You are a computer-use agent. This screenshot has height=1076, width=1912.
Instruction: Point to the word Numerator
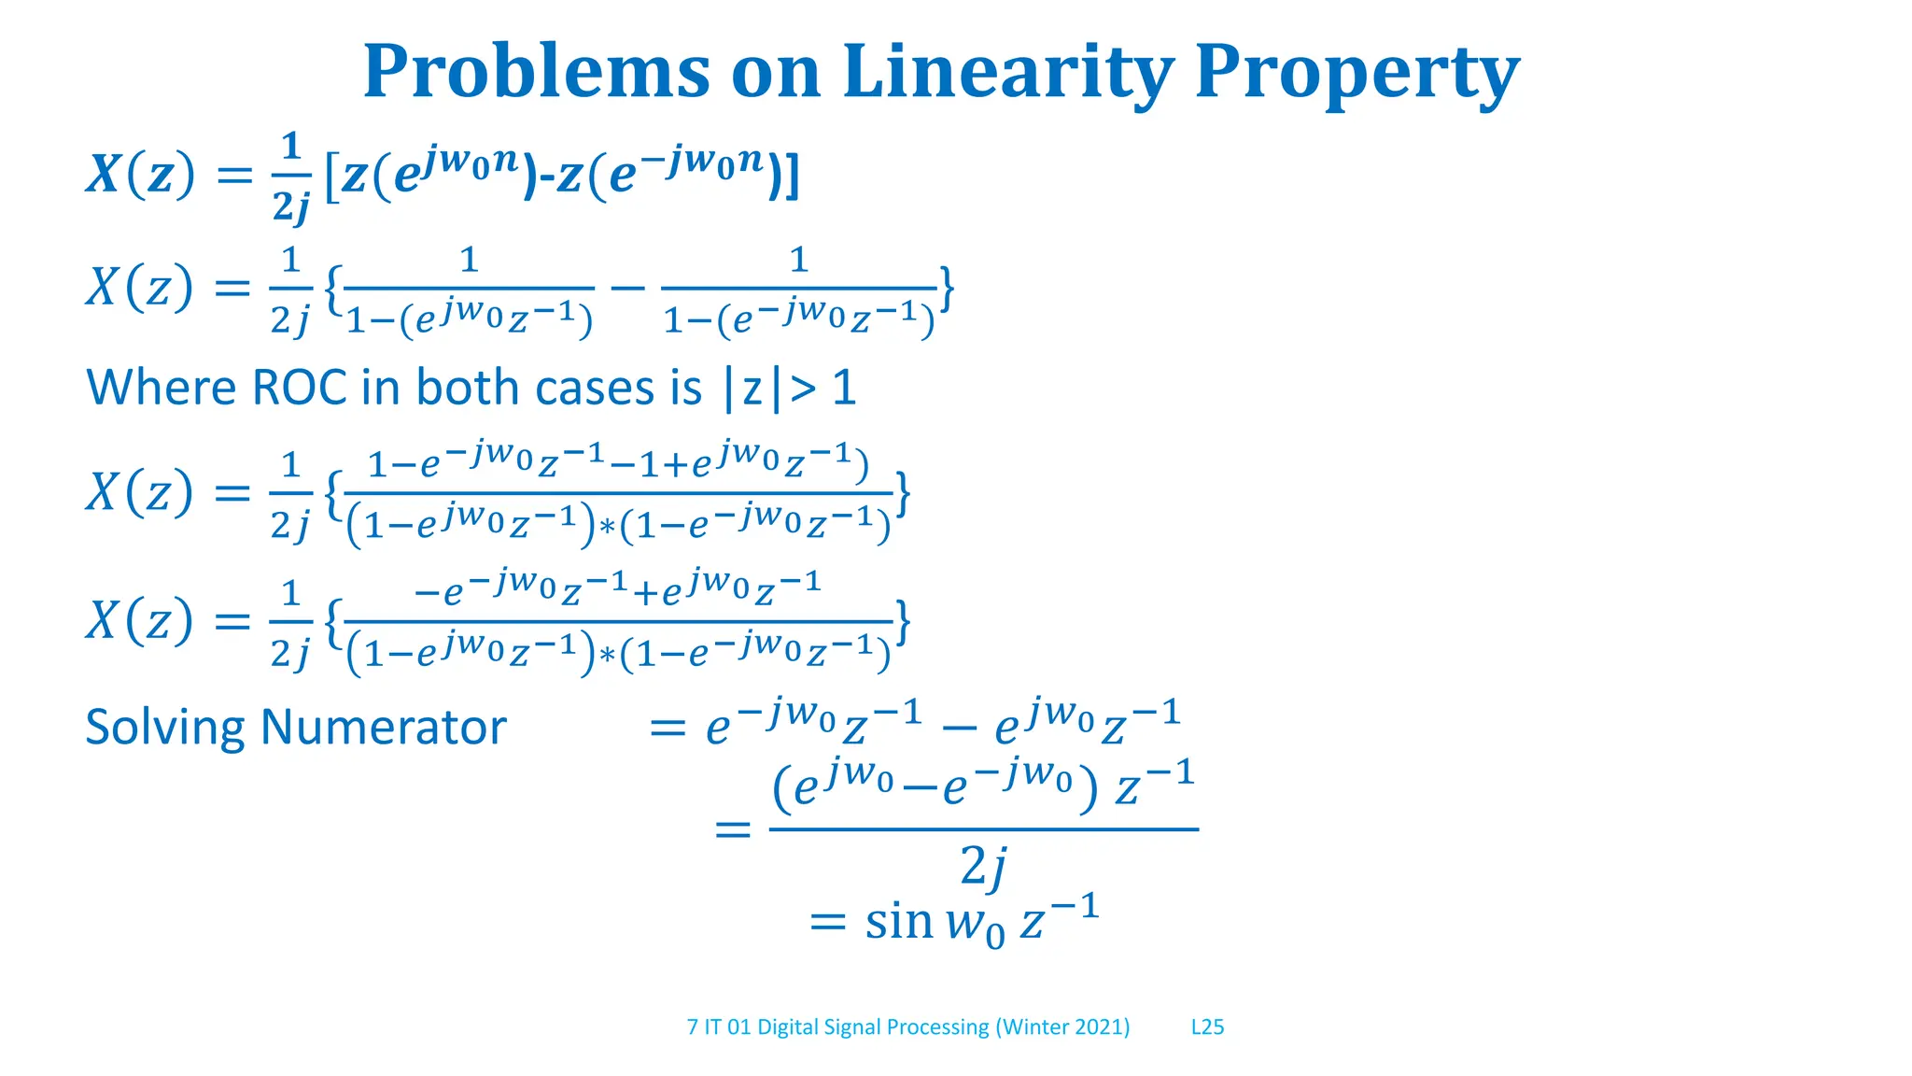[383, 728]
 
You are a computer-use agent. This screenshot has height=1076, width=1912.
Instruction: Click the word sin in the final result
[899, 923]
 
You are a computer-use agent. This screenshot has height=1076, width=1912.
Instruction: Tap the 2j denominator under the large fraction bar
[983, 868]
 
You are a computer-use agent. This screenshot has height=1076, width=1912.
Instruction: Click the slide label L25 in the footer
[1207, 1027]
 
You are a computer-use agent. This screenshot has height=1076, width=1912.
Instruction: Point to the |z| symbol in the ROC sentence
[752, 389]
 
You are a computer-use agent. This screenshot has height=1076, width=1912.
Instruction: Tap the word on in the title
[775, 73]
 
